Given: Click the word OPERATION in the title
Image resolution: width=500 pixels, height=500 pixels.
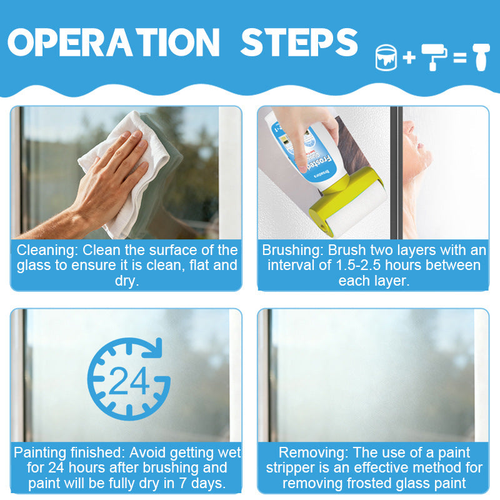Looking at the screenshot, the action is point(114,42).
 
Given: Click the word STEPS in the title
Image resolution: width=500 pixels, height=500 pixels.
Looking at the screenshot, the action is point(299,42).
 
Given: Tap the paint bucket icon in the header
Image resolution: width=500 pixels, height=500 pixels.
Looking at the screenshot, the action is point(386,57).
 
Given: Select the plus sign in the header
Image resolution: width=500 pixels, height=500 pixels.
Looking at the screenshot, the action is point(409,57).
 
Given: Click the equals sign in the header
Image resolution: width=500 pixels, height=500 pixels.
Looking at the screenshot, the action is point(460,57).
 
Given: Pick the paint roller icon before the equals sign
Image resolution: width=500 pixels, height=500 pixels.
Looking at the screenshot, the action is point(434,57).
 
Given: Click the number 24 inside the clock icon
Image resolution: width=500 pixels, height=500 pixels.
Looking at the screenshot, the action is point(129,381).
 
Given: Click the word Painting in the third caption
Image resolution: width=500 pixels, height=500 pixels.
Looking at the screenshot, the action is point(40,452).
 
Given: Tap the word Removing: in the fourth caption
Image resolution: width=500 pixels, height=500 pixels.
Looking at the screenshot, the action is point(314,452).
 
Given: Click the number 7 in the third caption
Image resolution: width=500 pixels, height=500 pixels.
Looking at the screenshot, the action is point(182,483).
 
